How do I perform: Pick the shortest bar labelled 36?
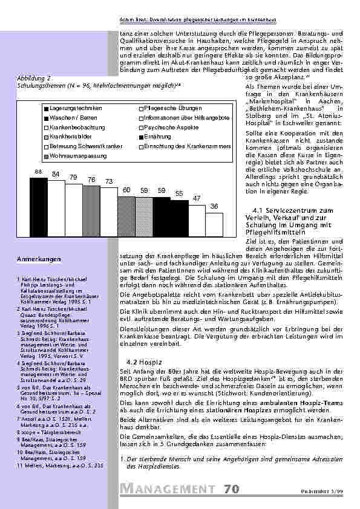[214, 227]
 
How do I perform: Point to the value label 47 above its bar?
[197, 198]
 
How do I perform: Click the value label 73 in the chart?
[109, 181]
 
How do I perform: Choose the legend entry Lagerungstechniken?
[72, 108]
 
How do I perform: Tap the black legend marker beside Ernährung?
[141, 137]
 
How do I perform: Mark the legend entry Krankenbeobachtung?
[75, 127]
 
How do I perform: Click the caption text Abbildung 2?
[34, 79]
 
